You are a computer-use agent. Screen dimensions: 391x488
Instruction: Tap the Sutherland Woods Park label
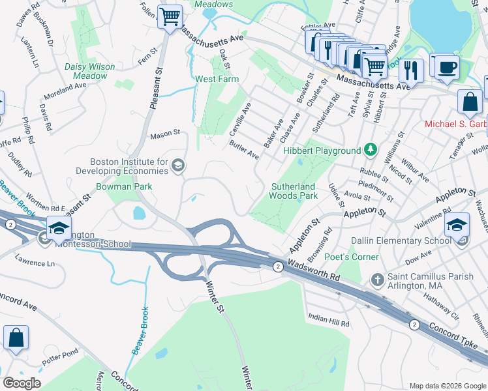(x=294, y=191)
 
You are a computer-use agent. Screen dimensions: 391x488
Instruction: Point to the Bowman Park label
(x=124, y=186)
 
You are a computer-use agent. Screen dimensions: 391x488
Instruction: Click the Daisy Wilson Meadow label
(x=90, y=71)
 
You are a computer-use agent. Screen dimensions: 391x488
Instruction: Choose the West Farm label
(x=217, y=79)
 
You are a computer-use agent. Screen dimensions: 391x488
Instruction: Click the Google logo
(x=22, y=383)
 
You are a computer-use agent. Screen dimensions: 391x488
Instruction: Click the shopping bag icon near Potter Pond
(x=16, y=338)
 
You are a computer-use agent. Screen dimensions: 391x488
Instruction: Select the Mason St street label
(x=165, y=134)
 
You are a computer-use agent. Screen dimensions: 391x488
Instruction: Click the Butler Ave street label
(x=244, y=151)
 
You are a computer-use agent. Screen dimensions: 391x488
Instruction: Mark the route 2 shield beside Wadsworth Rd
(x=278, y=266)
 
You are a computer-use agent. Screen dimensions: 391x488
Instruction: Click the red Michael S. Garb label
(x=455, y=124)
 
